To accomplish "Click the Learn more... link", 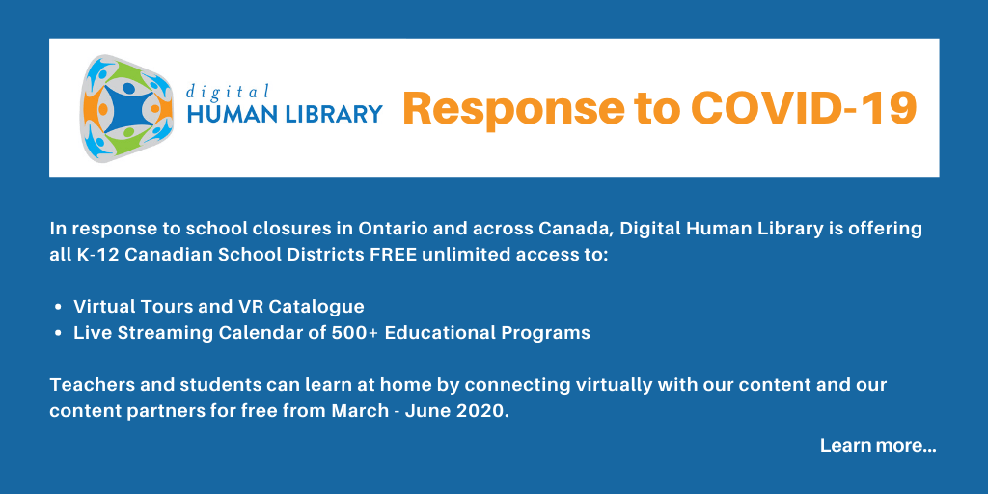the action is tap(878, 446).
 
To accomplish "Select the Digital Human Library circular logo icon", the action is tap(126, 108).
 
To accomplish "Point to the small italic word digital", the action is tap(228, 92).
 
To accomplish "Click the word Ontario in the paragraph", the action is tap(384, 229).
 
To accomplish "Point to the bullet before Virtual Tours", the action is tap(59, 308).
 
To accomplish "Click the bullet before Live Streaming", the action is tap(59, 333).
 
